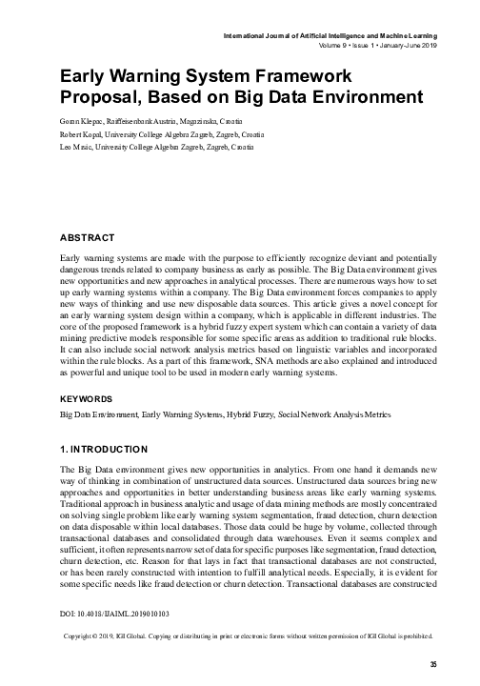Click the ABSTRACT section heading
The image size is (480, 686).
pyautogui.click(x=87, y=237)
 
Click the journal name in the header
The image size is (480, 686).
pyautogui.click(x=330, y=34)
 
